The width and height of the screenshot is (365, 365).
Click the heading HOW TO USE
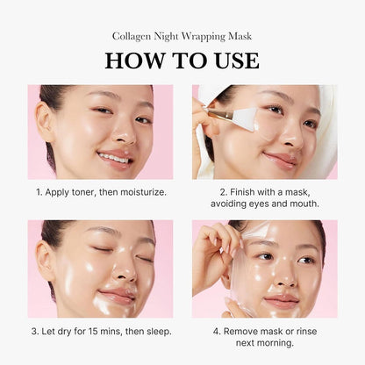click(182, 60)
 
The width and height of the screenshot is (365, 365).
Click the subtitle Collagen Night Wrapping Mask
click(182, 36)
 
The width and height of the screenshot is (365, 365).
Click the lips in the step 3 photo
click(117, 297)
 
